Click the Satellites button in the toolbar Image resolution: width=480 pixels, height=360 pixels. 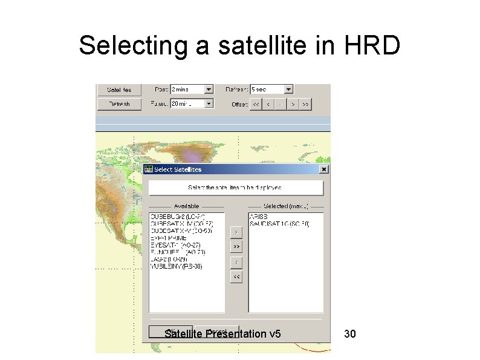click(119, 90)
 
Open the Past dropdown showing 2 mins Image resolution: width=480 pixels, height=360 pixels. click(209, 90)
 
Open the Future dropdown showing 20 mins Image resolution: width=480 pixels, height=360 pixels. click(209, 103)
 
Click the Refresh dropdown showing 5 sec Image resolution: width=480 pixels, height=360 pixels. click(288, 90)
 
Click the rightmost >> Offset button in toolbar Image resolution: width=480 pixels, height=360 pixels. click(306, 104)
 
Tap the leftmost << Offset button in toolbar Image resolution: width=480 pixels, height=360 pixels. click(256, 104)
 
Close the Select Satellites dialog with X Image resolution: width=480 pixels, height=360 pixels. click(324, 169)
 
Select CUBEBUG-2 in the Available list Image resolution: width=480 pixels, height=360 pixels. click(178, 217)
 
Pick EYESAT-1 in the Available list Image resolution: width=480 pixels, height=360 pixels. click(178, 245)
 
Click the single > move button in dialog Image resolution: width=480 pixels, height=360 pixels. click(236, 232)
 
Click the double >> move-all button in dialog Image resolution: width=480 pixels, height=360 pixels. click(236, 247)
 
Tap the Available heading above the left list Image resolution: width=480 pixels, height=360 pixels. click(186, 206)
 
